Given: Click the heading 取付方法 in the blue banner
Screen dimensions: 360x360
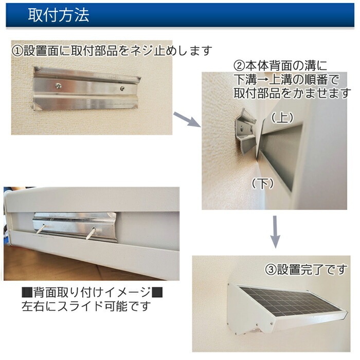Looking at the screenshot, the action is pos(59,15).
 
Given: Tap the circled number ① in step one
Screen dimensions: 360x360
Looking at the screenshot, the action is pos(17,51).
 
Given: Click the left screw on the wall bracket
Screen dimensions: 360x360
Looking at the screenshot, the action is pos(58,86).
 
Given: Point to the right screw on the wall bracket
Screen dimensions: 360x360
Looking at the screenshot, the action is pos(122,88).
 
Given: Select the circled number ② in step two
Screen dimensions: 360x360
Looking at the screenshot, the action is pos(239,66).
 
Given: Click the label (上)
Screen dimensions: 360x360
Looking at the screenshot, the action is pos(282,118).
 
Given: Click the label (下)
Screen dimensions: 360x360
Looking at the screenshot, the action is pos(263,184).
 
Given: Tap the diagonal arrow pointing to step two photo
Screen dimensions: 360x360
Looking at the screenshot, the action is pos(187,119).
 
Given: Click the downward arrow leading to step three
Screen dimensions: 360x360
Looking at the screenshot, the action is pos(275,232).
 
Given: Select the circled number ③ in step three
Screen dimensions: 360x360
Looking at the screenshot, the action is pos(271,269).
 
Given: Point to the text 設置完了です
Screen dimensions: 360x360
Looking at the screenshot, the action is pos(312,269).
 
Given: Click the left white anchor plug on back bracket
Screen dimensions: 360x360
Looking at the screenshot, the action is pos(41,228).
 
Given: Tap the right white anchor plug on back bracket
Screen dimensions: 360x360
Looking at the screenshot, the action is pos(91,233).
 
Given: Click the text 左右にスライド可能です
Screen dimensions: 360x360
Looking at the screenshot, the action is pos(86,307).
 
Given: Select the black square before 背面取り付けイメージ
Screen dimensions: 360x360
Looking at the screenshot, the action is pos(27,292).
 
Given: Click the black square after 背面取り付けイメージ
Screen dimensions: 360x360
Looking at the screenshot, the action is pos(157,292).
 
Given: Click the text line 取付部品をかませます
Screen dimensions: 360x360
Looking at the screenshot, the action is pos(292,93).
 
